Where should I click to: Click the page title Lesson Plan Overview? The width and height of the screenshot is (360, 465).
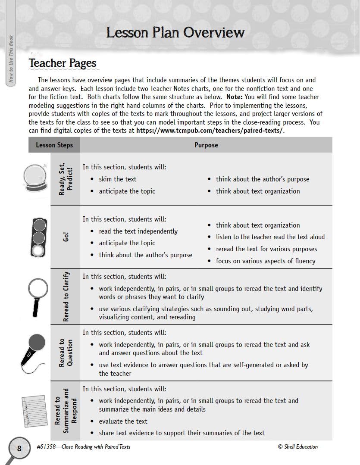[175, 32]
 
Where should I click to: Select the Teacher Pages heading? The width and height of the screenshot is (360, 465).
[63, 63]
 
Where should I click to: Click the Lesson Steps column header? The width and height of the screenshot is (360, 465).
[54, 145]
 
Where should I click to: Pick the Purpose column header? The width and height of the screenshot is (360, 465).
[206, 145]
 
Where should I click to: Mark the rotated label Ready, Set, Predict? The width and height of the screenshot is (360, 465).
[66, 179]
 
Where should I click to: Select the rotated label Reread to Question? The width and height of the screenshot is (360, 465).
[66, 353]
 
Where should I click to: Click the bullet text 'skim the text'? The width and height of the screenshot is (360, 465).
[117, 179]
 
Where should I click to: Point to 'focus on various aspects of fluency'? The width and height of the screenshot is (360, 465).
[266, 261]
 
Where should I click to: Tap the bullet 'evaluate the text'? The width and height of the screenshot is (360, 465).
[123, 421]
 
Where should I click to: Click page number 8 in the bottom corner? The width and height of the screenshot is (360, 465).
[19, 448]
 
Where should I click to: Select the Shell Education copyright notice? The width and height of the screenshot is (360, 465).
[298, 447]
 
